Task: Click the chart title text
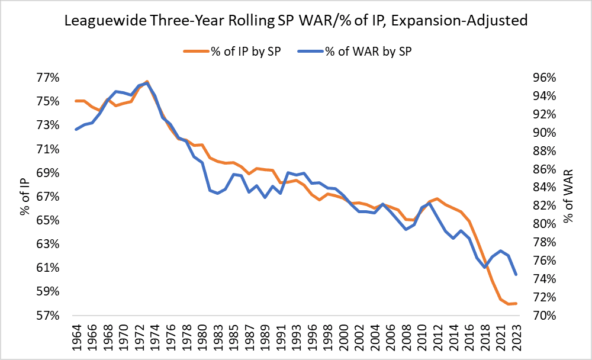pos(296,22)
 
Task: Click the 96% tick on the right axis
pos(539,78)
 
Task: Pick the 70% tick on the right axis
pos(539,316)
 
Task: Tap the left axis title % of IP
pos(25,196)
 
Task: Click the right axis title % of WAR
pos(569,196)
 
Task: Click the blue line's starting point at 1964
pos(76,129)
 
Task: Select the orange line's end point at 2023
pos(516,304)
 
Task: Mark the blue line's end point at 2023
pos(516,274)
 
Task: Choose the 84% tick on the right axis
pos(539,187)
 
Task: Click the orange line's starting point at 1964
pos(76,101)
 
